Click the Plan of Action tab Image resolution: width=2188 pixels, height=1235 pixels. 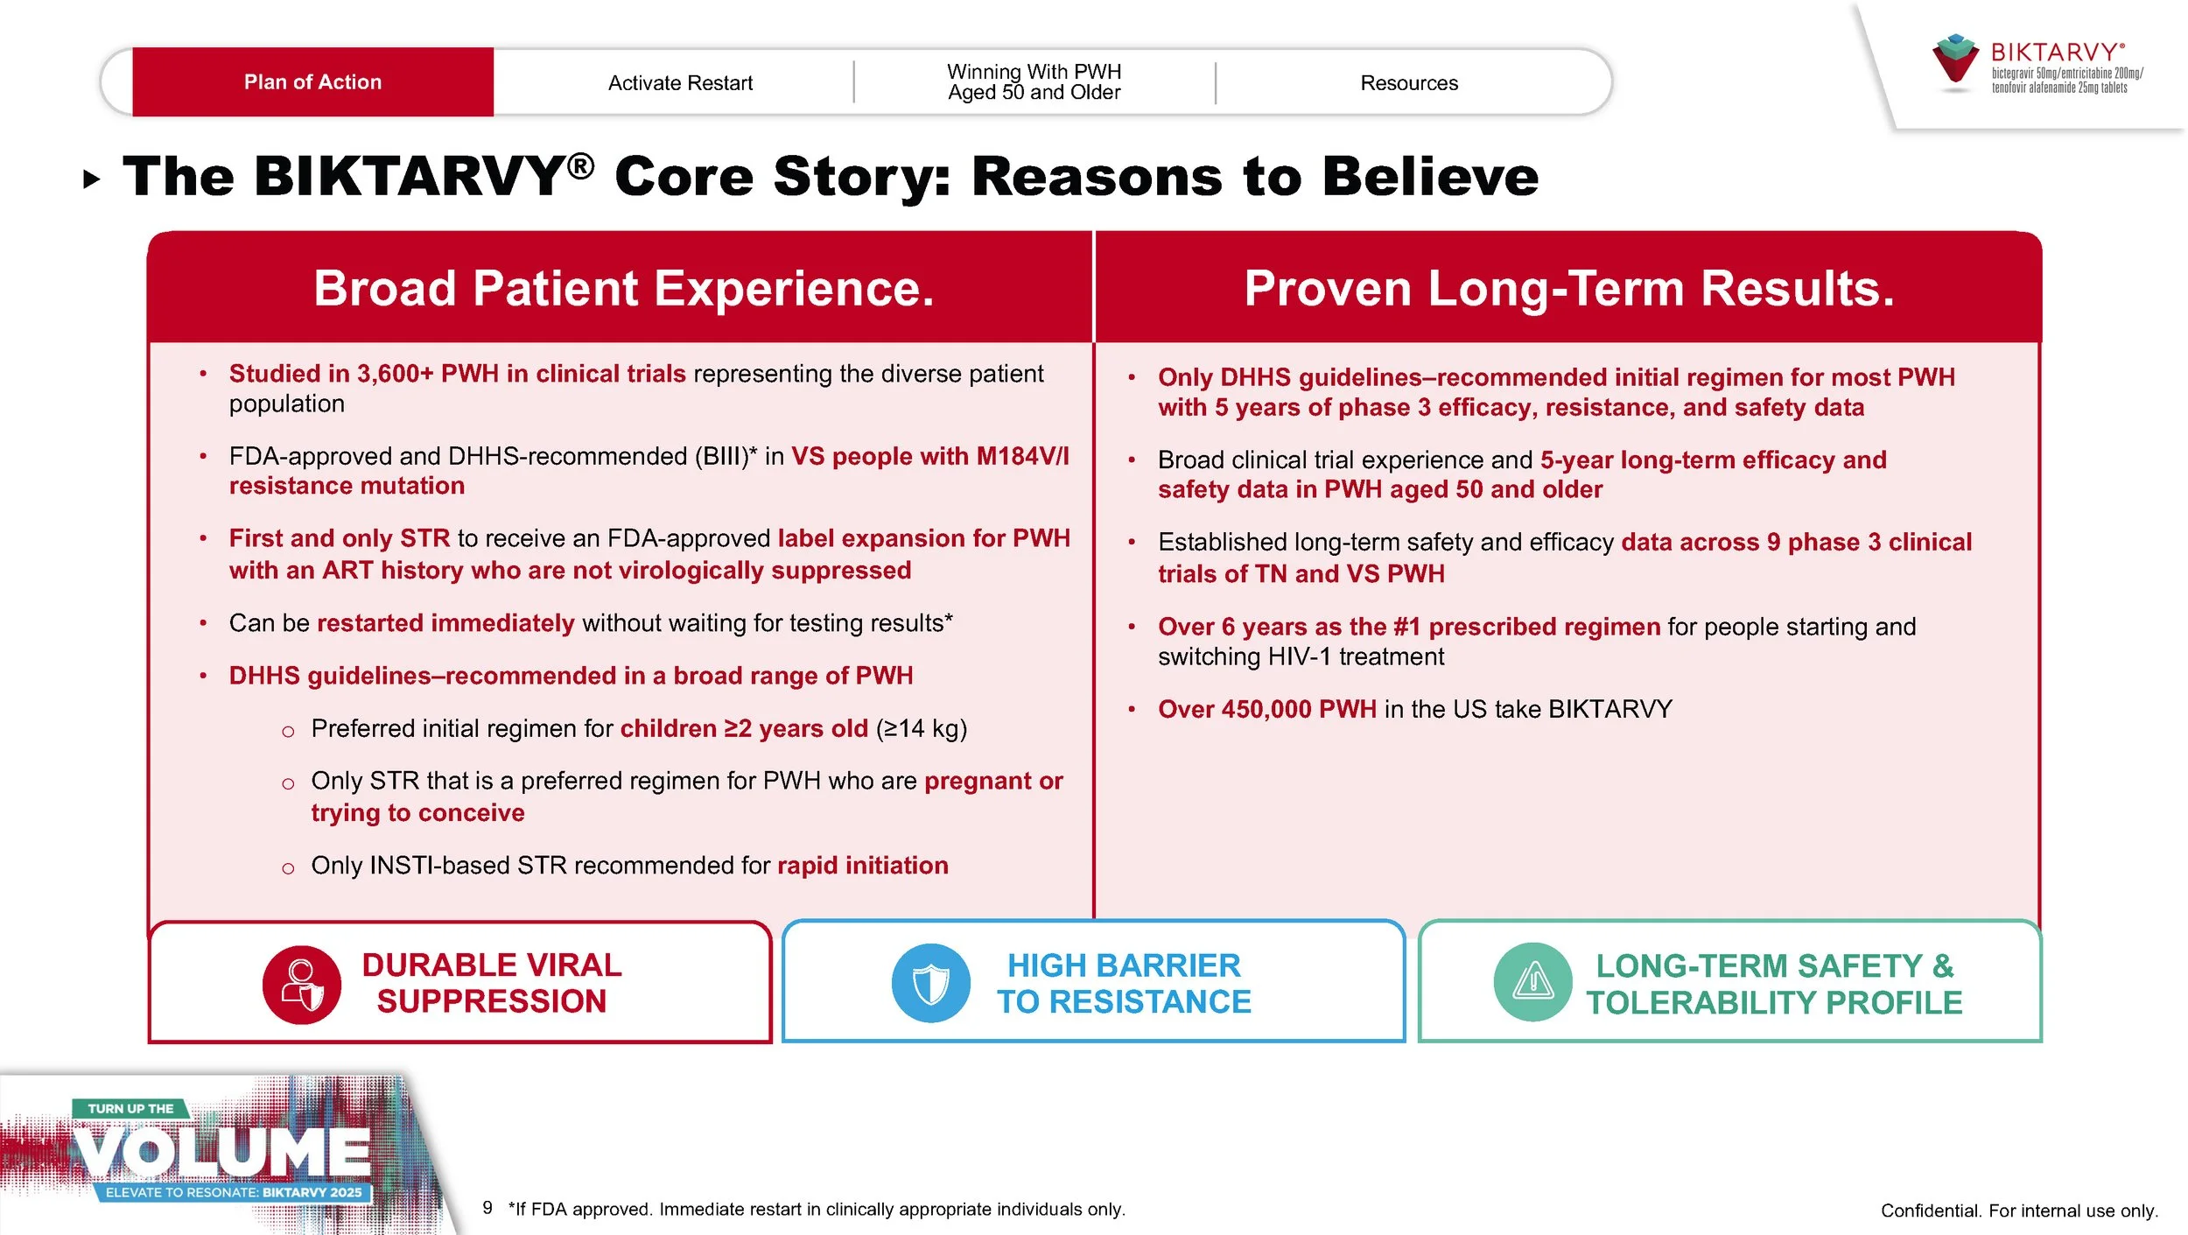[312, 82]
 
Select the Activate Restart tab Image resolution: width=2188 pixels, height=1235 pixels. [680, 83]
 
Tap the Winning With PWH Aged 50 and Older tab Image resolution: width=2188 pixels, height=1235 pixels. [1034, 82]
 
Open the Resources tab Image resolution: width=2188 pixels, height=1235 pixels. [1409, 83]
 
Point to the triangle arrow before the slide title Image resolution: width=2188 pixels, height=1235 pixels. [91, 180]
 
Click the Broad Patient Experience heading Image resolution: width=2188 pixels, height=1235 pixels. [623, 289]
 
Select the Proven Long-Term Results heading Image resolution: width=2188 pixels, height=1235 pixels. [1569, 289]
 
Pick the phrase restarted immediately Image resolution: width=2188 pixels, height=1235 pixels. [445, 623]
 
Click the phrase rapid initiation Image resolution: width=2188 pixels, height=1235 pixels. [862, 866]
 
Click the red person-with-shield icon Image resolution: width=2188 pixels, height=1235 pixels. [302, 985]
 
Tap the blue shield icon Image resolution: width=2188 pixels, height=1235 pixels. [930, 983]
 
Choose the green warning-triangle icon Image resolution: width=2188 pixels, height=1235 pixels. [1532, 982]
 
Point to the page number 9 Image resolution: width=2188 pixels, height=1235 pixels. [487, 1208]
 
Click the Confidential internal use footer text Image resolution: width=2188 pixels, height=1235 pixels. [2019, 1210]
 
